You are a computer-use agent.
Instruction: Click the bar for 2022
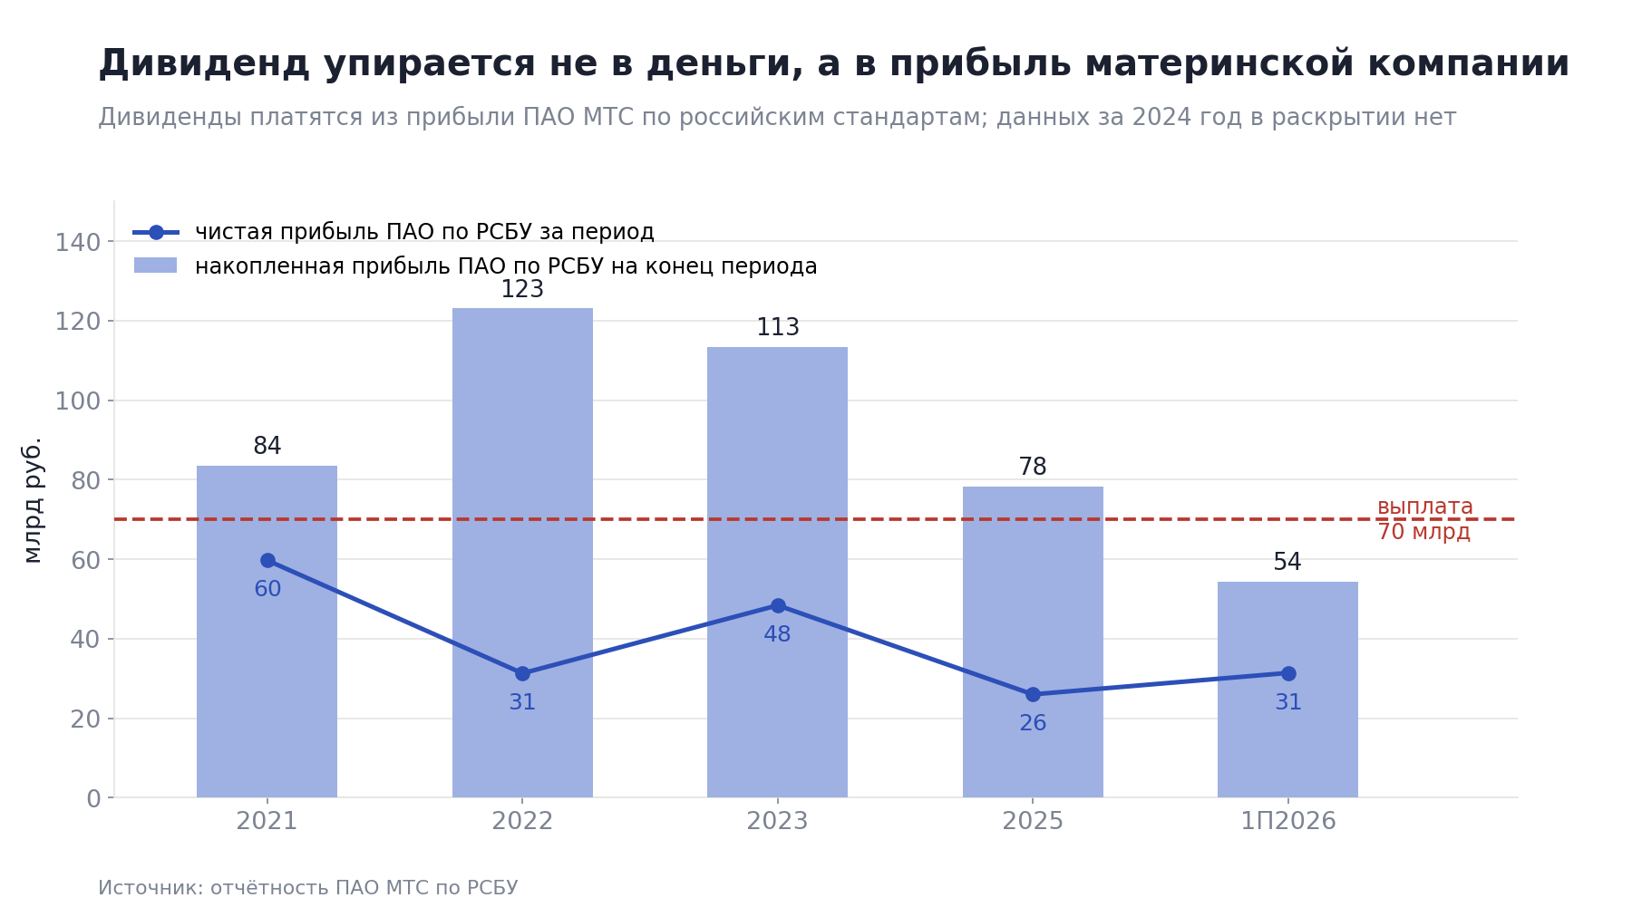(x=522, y=553)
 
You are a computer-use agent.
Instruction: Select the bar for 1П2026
(x=1287, y=690)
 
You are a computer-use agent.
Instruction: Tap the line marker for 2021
(x=267, y=560)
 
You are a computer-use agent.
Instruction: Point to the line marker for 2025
(x=1033, y=694)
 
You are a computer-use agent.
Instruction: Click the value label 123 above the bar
(x=522, y=290)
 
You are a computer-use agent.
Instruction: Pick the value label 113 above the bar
(x=778, y=328)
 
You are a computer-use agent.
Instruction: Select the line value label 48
(x=777, y=635)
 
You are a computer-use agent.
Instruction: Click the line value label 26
(x=1033, y=724)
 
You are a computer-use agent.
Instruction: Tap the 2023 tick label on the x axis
(x=777, y=822)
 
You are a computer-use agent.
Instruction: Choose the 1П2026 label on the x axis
(x=1288, y=822)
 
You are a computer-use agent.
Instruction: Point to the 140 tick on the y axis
(x=78, y=243)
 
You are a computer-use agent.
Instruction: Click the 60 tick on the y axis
(x=86, y=560)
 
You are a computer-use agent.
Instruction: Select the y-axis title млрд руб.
(x=33, y=499)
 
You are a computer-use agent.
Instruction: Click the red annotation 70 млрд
(x=1423, y=532)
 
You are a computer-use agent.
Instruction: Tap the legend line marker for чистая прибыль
(x=156, y=232)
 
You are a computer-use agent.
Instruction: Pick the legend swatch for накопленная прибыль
(x=155, y=265)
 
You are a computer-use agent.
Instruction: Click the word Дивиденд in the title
(x=204, y=64)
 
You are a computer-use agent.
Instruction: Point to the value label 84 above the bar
(x=267, y=447)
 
